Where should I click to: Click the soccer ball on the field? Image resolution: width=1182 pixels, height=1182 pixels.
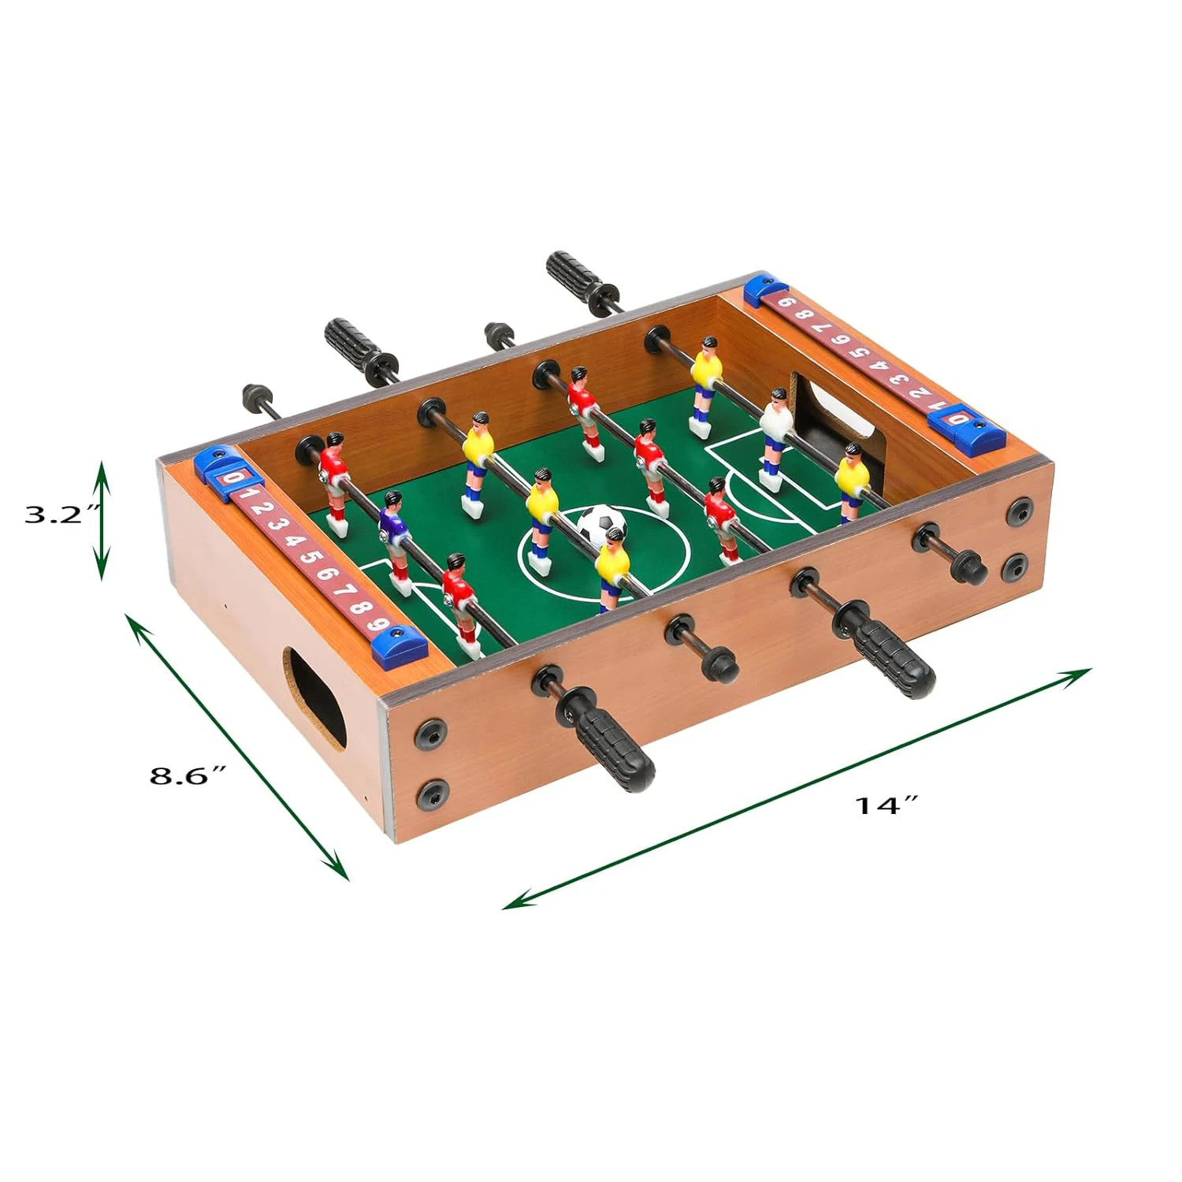[600, 523]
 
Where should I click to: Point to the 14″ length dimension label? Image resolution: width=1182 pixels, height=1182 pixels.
[886, 805]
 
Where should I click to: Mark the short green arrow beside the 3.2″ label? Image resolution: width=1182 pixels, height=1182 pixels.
[101, 521]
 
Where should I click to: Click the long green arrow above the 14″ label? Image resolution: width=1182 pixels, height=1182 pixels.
[796, 788]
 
